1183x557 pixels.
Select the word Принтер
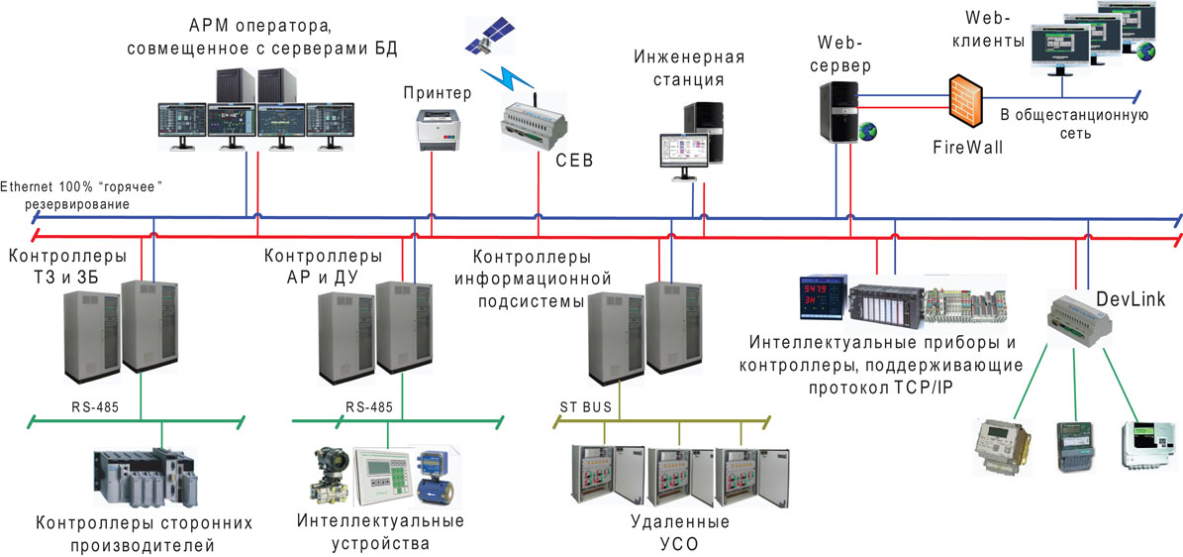(438, 93)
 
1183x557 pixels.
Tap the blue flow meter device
(433, 477)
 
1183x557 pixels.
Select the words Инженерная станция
(689, 68)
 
